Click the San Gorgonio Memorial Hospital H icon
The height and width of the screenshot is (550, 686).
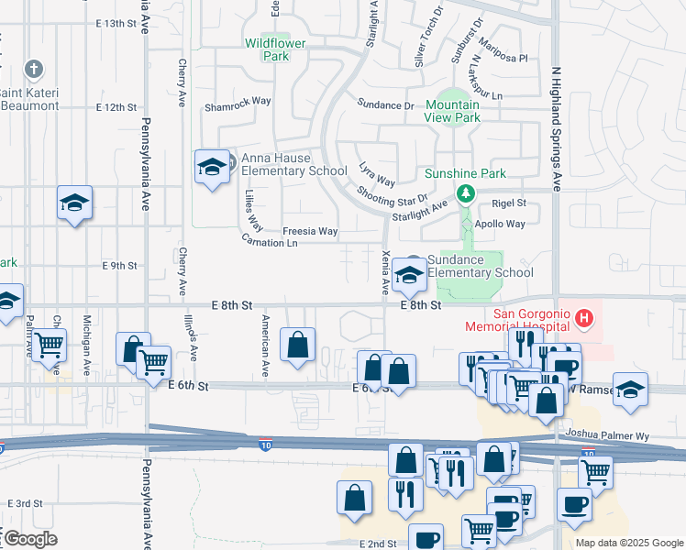point(582,320)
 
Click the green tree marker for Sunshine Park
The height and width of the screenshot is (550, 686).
point(466,193)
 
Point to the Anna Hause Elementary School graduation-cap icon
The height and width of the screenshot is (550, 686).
point(212,167)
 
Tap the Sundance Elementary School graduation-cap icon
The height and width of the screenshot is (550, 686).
point(408,273)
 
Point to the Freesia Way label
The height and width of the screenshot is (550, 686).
point(310,231)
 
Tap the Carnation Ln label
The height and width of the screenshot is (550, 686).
point(270,243)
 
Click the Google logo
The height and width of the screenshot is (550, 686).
point(30,539)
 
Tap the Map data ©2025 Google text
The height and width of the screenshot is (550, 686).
point(628,543)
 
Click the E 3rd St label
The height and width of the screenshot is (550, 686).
point(26,503)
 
